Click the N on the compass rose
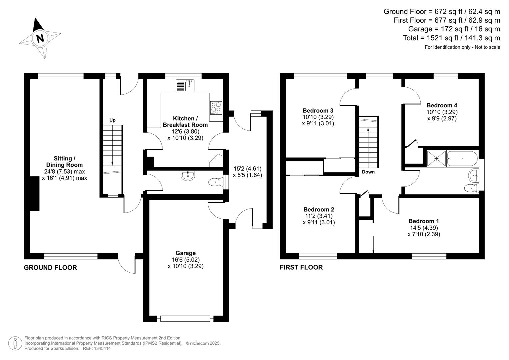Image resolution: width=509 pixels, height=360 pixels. pyautogui.click(x=40, y=38)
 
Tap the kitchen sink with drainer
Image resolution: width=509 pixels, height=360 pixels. pyautogui.click(x=185, y=86)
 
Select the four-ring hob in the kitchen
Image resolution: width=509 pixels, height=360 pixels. pyautogui.click(x=216, y=108)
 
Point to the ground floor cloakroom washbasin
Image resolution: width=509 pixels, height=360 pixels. pyautogui.click(x=188, y=175)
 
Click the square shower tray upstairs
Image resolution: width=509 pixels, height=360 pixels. pyautogui.click(x=436, y=158)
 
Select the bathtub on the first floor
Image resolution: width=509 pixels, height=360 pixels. pyautogui.click(x=462, y=158)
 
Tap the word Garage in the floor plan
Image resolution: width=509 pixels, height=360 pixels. pyautogui.click(x=185, y=253)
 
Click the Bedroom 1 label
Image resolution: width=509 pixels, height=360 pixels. pyautogui.click(x=424, y=221)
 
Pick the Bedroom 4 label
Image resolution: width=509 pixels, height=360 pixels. pyautogui.click(x=442, y=105)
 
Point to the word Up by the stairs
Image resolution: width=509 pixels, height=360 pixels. pyautogui.click(x=112, y=120)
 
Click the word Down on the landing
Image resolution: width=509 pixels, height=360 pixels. pyautogui.click(x=368, y=172)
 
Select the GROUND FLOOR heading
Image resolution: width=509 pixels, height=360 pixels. pyautogui.click(x=50, y=267)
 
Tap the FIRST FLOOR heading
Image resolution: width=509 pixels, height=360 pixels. pyautogui.click(x=301, y=267)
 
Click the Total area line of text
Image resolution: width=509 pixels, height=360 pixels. pyautogui.click(x=452, y=38)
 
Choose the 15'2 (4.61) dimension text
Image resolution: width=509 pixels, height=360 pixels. pyautogui.click(x=247, y=169)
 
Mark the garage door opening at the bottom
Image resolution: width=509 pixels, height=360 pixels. pyautogui.click(x=185, y=318)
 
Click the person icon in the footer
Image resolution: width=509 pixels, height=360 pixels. pyautogui.click(x=15, y=343)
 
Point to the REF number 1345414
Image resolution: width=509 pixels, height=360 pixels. pyautogui.click(x=97, y=348)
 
